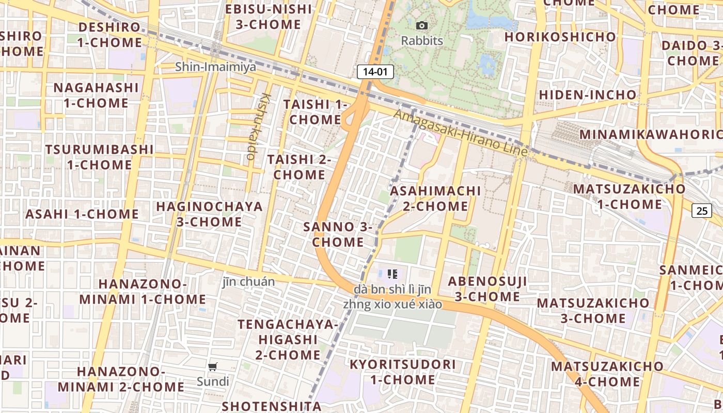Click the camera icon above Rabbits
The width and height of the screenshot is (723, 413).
point(422,25)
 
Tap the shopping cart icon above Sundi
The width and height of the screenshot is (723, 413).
point(212,367)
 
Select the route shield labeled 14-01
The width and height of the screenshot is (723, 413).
point(375,72)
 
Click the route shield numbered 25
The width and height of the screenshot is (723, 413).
point(701,210)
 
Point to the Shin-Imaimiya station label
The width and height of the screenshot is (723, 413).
point(215,67)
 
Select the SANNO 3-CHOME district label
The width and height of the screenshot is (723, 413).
point(338,234)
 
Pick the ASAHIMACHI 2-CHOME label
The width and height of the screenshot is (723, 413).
point(435,198)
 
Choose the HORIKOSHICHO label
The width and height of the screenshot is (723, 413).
point(560,37)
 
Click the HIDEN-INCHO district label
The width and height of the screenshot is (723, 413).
point(588,95)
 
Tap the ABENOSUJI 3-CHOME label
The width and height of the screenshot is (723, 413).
point(488,289)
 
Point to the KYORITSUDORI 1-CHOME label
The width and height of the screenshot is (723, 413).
point(403,372)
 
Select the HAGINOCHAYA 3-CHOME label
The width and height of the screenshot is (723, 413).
point(209,214)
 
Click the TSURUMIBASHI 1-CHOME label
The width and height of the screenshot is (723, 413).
point(99,157)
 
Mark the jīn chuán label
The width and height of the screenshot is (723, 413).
point(248,282)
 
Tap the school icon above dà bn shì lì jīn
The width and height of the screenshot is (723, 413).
point(392,274)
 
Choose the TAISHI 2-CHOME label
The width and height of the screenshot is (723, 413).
point(299,167)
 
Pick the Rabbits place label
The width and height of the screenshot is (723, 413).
point(422,40)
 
